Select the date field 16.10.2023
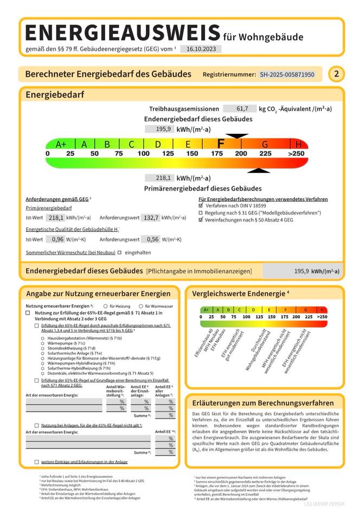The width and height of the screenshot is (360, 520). pyautogui.click(x=201, y=49)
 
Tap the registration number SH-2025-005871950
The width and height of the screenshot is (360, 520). pyautogui.click(x=287, y=74)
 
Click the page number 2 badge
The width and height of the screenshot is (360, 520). pyautogui.click(x=336, y=74)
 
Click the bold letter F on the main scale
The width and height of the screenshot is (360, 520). pyautogui.click(x=221, y=144)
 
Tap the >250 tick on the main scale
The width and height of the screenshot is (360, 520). pyautogui.click(x=297, y=154)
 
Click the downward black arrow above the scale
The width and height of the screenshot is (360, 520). pyautogui.click(x=237, y=136)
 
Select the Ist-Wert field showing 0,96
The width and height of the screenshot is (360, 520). pyautogui.click(x=55, y=239)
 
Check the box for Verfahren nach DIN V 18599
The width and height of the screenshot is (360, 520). pyautogui.click(x=201, y=206)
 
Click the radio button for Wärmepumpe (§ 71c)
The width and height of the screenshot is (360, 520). pyautogui.click(x=43, y=343)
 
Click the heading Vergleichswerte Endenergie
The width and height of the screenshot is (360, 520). pyautogui.click(x=241, y=294)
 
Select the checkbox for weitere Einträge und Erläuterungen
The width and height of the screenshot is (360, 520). pyautogui.click(x=37, y=462)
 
